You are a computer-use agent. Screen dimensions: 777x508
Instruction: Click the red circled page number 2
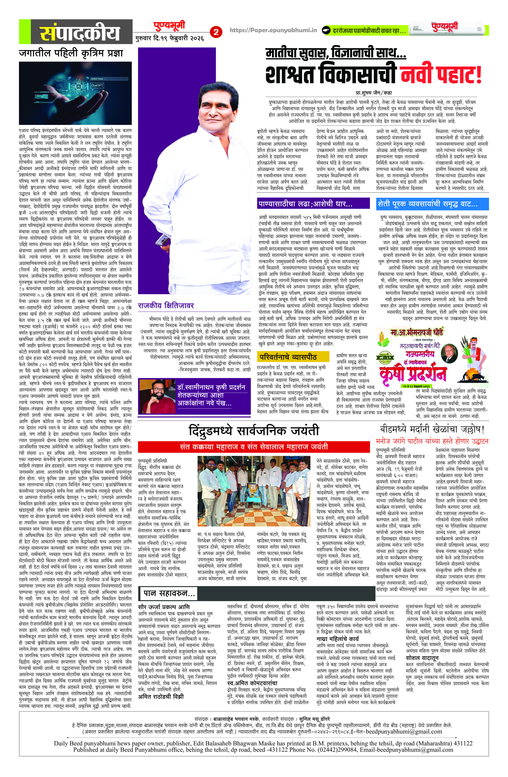(x=216, y=32)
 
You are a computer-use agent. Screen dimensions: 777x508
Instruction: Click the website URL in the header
(x=273, y=30)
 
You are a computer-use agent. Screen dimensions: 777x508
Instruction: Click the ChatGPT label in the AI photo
(x=97, y=85)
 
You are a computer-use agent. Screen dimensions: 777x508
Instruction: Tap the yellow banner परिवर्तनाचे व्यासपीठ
(x=288, y=357)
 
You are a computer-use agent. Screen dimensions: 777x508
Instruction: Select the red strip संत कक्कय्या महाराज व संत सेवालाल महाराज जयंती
(x=254, y=447)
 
